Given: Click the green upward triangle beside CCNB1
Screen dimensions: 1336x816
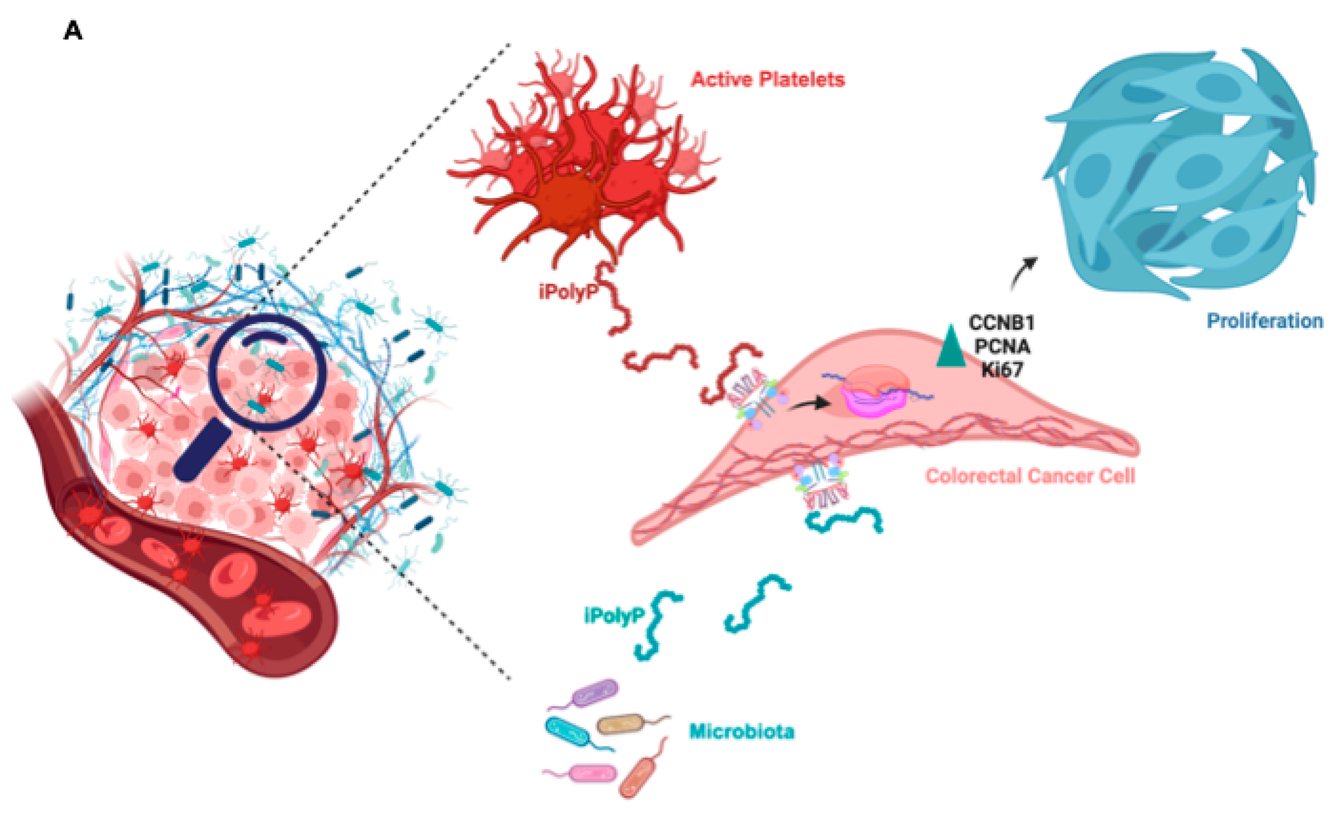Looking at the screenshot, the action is click(951, 347).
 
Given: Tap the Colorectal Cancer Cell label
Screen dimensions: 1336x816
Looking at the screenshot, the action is click(1030, 476).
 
